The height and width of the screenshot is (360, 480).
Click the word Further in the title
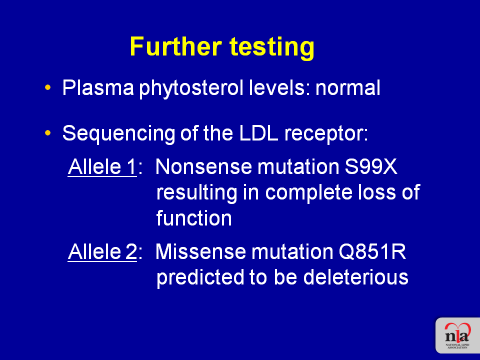tap(175, 46)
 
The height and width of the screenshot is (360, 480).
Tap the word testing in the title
tap(272, 48)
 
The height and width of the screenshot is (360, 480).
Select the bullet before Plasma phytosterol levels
tap(47, 87)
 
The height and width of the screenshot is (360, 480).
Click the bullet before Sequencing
tap(47, 133)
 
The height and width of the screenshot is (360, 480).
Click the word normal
tap(348, 88)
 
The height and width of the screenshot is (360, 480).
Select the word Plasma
tap(98, 88)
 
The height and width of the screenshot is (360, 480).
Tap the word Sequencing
tap(118, 134)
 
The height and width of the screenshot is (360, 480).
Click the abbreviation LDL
tap(258, 133)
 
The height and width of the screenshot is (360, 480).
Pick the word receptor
tap(326, 134)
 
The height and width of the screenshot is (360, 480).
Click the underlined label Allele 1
tap(102, 167)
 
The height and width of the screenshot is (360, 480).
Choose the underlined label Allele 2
tap(102, 251)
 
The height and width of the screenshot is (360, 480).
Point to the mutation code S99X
tap(371, 167)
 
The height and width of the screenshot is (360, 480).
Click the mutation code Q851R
tap(372, 251)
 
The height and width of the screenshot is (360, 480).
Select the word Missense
tap(201, 251)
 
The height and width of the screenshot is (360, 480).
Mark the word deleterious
tap(355, 277)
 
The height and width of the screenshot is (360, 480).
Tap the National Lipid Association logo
tap(457, 335)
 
